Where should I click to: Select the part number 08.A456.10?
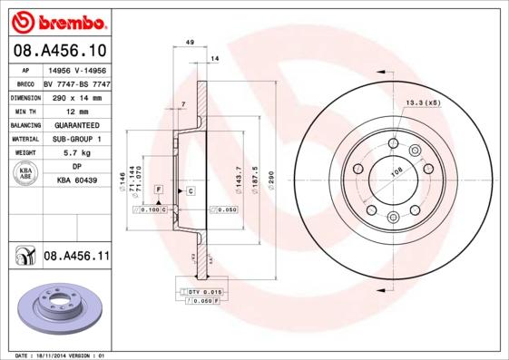pyautogui.click(x=58, y=52)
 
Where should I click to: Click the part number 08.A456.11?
pyautogui.click(x=76, y=257)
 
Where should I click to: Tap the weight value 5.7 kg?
pyautogui.click(x=76, y=153)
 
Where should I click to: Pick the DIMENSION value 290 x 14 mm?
pyautogui.click(x=76, y=96)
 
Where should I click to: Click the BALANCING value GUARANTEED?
pyautogui.click(x=76, y=125)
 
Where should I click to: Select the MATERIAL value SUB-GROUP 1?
pyautogui.click(x=76, y=139)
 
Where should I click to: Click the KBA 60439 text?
pyautogui.click(x=76, y=181)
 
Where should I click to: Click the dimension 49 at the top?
pyautogui.click(x=189, y=43)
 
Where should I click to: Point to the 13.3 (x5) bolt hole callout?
pyautogui.click(x=422, y=102)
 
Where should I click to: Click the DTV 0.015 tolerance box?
pyautogui.click(x=205, y=290)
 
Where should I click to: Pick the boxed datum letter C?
pyautogui.click(x=191, y=190)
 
